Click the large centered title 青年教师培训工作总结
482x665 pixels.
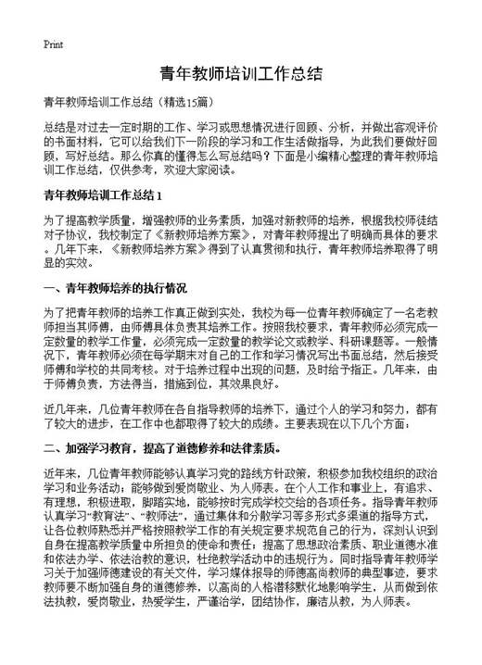tap(240, 73)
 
